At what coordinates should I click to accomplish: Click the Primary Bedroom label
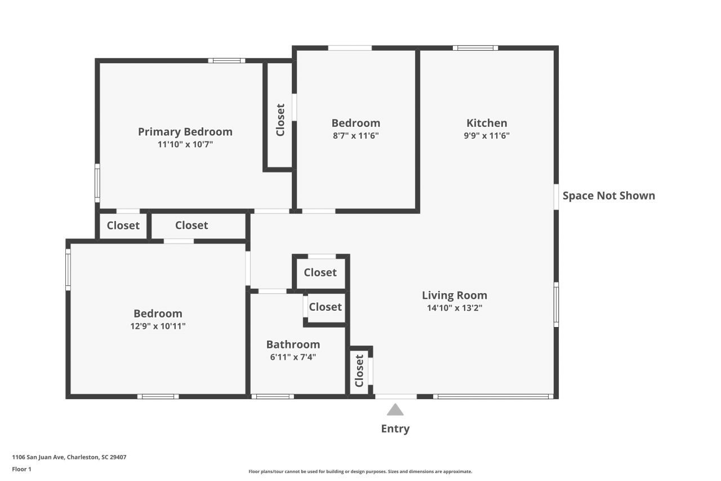(185, 132)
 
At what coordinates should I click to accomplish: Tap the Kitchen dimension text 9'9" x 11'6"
(487, 136)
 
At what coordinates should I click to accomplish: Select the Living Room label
(454, 295)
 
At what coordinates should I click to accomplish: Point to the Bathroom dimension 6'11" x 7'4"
(293, 357)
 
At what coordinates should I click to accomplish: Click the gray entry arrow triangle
(395, 410)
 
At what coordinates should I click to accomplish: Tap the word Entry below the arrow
(395, 429)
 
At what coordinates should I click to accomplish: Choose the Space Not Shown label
(608, 196)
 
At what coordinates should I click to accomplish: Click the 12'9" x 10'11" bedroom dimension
(158, 326)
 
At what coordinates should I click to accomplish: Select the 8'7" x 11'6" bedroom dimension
(355, 136)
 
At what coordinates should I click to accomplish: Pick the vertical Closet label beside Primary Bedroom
(280, 120)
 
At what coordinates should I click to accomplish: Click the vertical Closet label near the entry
(359, 370)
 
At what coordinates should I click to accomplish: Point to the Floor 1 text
(21, 469)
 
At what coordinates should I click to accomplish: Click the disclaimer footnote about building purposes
(360, 471)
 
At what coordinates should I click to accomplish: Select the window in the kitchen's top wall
(475, 48)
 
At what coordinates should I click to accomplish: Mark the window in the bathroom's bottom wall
(272, 396)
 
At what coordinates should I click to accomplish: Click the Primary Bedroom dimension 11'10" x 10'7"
(185, 144)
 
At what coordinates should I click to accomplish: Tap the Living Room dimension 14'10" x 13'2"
(454, 308)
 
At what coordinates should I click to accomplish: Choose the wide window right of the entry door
(493, 396)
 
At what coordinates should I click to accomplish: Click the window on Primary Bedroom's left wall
(97, 183)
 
